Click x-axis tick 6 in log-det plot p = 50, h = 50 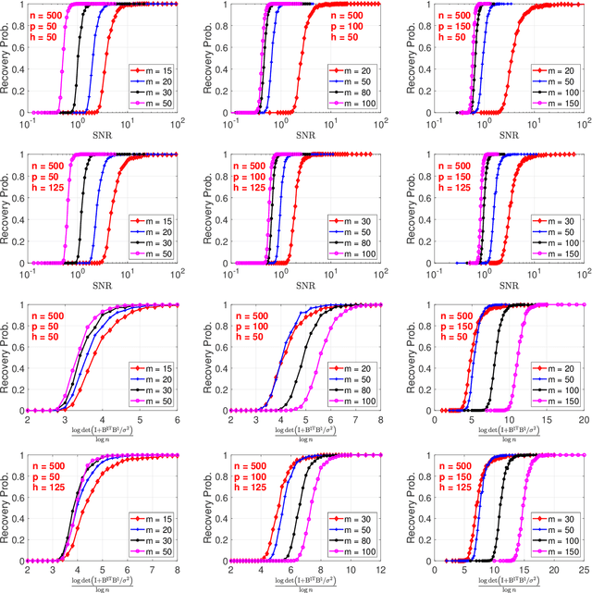tap(179, 418)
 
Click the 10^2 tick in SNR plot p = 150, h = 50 tap(580, 121)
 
